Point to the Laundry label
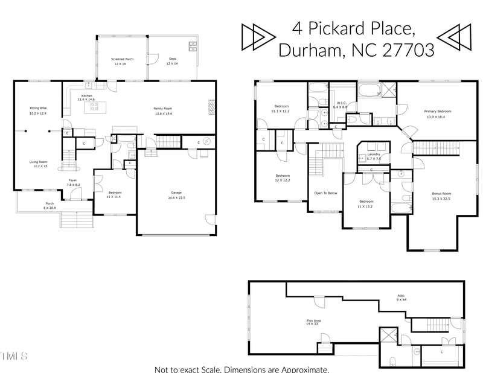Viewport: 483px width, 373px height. tap(374, 156)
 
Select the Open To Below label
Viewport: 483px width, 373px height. tap(325, 193)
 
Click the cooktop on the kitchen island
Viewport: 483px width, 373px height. tap(94, 107)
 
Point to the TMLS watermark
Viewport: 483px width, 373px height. tap(14, 356)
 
